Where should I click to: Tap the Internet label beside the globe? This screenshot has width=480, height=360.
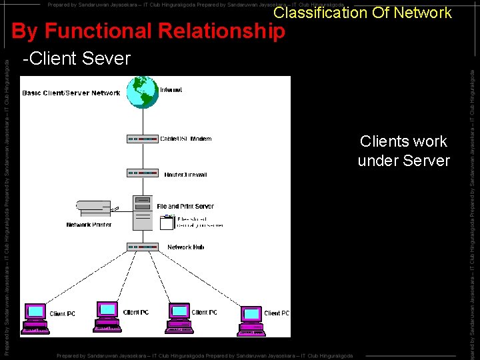pyautogui.click(x=171, y=90)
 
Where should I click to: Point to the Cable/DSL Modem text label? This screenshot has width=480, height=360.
pyautogui.click(x=186, y=139)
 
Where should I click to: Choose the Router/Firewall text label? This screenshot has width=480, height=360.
pyautogui.click(x=186, y=175)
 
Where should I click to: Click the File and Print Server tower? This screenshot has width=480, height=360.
pyautogui.click(x=143, y=213)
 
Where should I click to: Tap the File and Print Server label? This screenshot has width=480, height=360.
pyautogui.click(x=185, y=207)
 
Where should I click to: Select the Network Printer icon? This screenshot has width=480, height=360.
pyautogui.click(x=93, y=209)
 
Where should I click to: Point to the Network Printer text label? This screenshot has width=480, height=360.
pyautogui.click(x=89, y=225)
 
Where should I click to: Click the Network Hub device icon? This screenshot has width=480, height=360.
pyautogui.click(x=143, y=247)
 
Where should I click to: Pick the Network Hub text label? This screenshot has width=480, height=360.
pyautogui.click(x=185, y=247)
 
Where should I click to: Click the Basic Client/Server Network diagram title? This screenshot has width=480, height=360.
pyautogui.click(x=71, y=93)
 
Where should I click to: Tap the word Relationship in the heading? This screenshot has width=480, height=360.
pyautogui.click(x=230, y=31)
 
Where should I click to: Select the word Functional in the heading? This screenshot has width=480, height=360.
pyautogui.click(x=117, y=31)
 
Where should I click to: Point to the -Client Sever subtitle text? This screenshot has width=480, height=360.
pyautogui.click(x=76, y=59)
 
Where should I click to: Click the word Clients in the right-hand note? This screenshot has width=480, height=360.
pyautogui.click(x=384, y=141)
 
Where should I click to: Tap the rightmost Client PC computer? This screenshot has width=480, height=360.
pyautogui.click(x=251, y=319)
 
